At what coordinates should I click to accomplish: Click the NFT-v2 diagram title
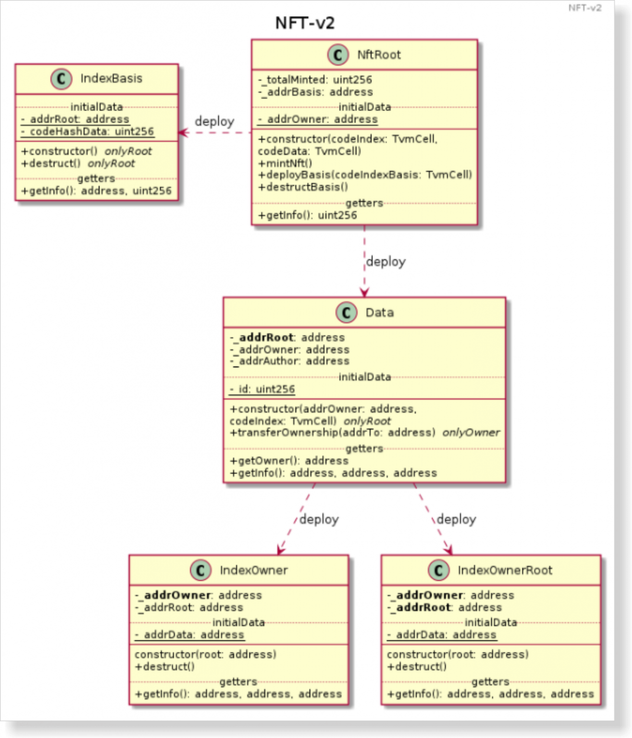tap(305, 23)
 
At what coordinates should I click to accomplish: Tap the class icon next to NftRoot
tap(338, 55)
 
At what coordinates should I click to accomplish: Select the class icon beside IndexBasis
tap(61, 79)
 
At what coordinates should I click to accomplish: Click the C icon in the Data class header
tap(346, 313)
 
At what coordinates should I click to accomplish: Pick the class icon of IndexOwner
tap(200, 570)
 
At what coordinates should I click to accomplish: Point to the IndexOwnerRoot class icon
tap(438, 570)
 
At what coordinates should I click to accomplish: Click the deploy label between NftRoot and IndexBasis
tap(214, 122)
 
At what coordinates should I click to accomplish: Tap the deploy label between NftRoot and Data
tap(385, 262)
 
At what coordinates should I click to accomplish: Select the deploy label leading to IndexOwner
tap(319, 519)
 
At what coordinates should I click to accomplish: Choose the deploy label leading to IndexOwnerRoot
tap(456, 519)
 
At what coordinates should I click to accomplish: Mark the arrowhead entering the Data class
tap(364, 293)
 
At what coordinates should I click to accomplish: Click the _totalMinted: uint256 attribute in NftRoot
tap(315, 80)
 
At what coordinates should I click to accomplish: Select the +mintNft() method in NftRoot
tap(285, 163)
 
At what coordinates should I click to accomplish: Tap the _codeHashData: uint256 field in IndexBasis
tap(87, 132)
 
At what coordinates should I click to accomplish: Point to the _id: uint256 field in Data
tap(262, 389)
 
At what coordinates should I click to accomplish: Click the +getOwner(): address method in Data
tap(289, 461)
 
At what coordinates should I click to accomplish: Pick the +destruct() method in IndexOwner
tap(165, 667)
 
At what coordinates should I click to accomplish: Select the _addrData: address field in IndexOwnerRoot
tap(442, 635)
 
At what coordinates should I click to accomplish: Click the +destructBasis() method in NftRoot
tap(303, 187)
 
